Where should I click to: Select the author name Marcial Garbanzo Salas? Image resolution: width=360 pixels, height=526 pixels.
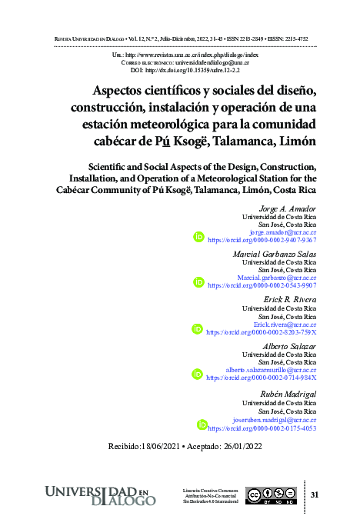(x=275, y=254)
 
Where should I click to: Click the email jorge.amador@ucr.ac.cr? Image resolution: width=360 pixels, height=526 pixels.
(x=283, y=231)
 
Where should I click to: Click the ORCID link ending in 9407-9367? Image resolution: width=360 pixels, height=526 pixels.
(x=262, y=239)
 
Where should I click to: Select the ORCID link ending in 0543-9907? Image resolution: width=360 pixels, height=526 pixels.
(x=262, y=285)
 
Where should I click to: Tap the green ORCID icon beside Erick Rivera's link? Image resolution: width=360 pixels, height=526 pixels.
(x=198, y=329)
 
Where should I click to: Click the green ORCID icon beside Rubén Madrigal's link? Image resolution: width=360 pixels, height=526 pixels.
(x=202, y=424)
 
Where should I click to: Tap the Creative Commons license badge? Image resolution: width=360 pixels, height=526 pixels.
(x=271, y=495)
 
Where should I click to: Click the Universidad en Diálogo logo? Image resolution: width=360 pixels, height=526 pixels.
(x=101, y=495)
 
